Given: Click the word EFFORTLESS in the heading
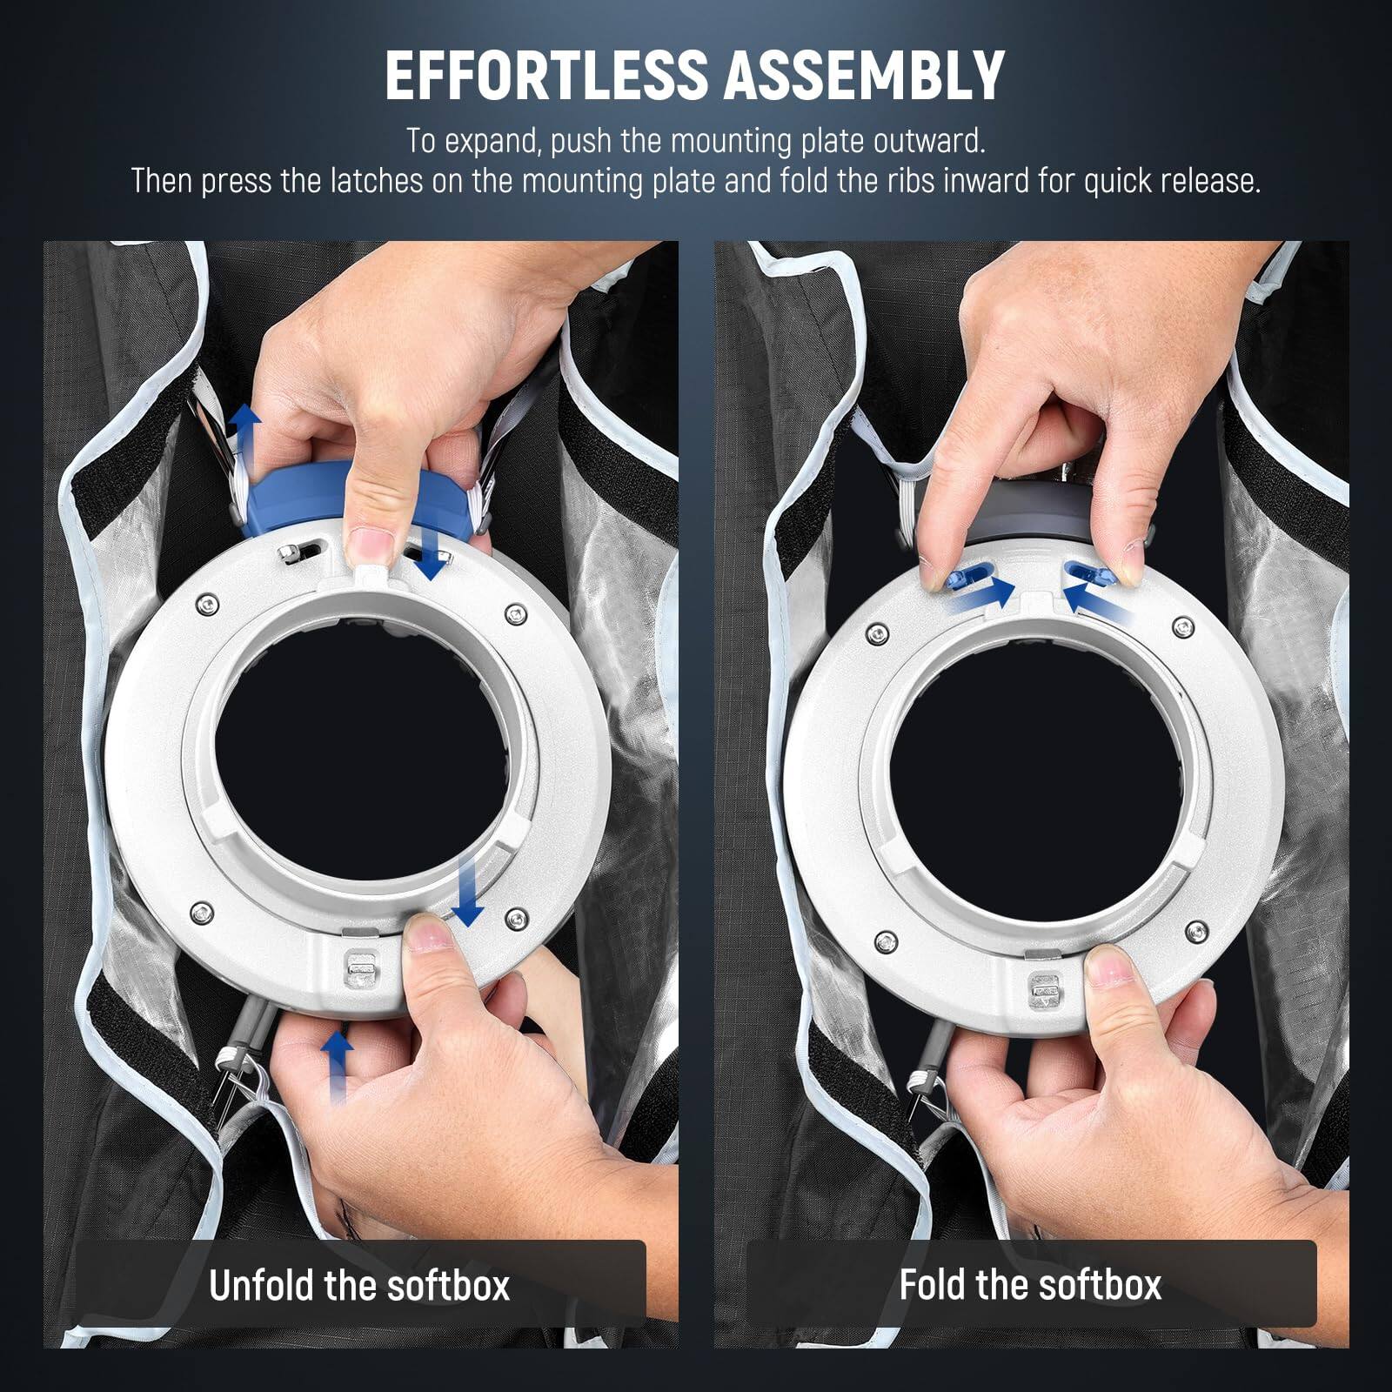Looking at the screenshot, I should tap(545, 76).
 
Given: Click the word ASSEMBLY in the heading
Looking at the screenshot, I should tap(864, 76).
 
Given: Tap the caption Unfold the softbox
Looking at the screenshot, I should tap(359, 1285).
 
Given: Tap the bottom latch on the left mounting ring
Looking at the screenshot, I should tap(360, 969).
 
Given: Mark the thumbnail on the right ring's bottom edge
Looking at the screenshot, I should tap(1105, 966).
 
